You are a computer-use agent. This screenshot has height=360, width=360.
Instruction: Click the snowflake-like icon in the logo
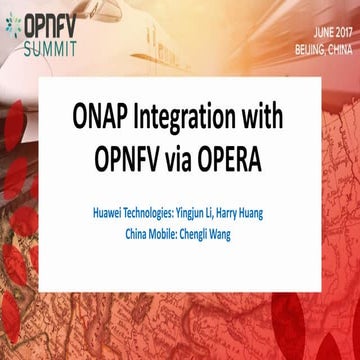click(x=13, y=24)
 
